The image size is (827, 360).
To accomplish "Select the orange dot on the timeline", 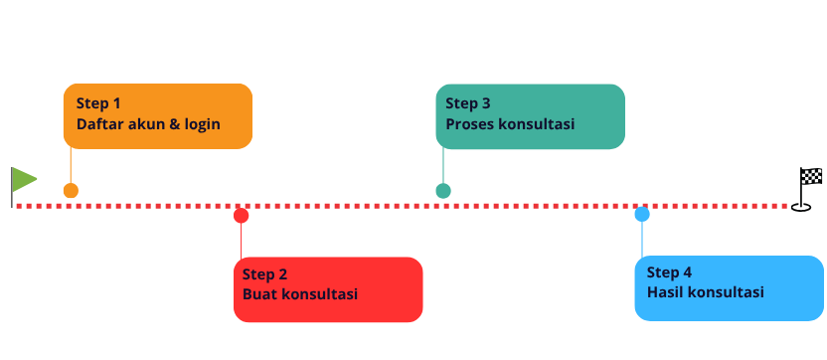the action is click(x=71, y=191).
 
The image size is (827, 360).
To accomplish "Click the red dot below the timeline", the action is click(x=241, y=216).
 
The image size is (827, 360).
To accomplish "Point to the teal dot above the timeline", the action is click(x=443, y=191).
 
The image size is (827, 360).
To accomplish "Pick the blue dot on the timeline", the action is click(x=642, y=215).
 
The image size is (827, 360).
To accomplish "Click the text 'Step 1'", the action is click(x=98, y=103).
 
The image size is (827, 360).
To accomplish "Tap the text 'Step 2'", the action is click(x=264, y=274).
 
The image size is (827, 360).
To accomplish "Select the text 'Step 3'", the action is click(x=468, y=103).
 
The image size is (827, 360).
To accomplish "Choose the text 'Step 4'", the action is click(x=669, y=272).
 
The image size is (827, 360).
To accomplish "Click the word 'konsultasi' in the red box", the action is click(x=320, y=294).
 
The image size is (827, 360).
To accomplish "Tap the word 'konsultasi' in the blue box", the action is click(x=727, y=292).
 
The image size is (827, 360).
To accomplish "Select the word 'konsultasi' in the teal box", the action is click(x=537, y=125).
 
